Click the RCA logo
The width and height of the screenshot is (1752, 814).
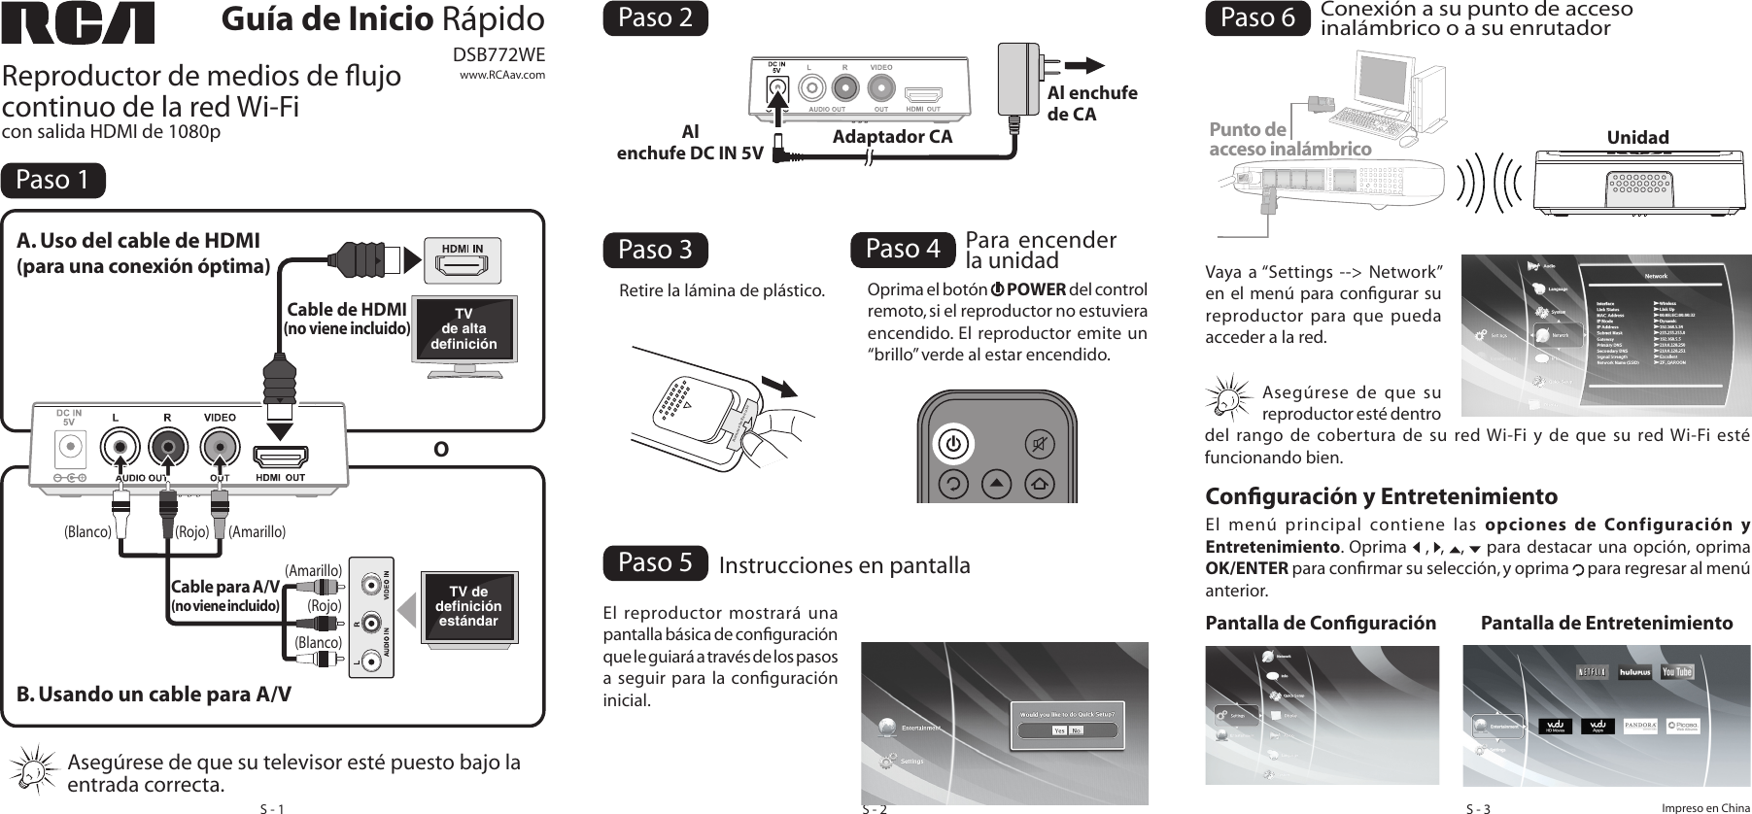tap(78, 23)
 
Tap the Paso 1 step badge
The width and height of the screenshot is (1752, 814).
tap(53, 181)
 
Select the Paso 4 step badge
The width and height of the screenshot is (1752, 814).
tap(904, 250)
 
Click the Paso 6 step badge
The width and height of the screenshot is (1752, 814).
tap(1257, 19)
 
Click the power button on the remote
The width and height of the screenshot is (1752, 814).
tap(954, 445)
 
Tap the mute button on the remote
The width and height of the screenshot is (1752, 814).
tap(1042, 445)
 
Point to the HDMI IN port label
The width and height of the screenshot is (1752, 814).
tap(463, 249)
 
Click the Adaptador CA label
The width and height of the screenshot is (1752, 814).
tap(892, 137)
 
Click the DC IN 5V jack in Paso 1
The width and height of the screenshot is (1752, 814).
tap(70, 448)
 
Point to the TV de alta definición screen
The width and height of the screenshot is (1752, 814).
tap(464, 330)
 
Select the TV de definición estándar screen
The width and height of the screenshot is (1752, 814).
tap(468, 606)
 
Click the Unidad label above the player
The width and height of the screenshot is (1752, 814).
tap(1637, 138)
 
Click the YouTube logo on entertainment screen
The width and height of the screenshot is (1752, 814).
tap(1677, 672)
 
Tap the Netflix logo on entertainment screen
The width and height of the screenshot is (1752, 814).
tap(1591, 672)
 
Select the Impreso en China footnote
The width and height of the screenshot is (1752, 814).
tap(1705, 807)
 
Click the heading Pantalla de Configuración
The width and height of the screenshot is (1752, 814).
tap(1320, 624)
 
